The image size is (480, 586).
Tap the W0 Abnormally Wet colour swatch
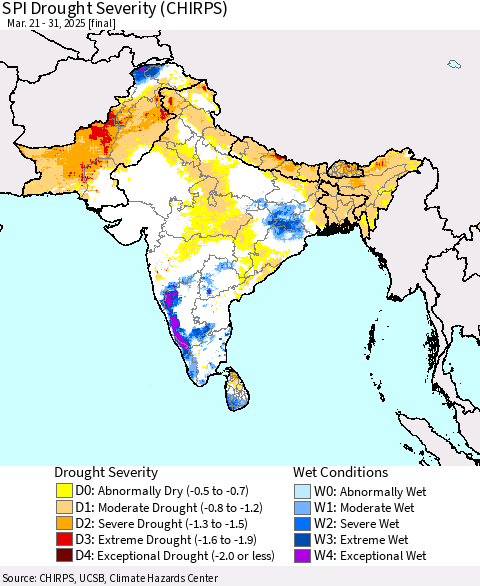[x=304, y=491]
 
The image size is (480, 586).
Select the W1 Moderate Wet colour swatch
[x=304, y=507]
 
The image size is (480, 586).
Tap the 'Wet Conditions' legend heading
[x=342, y=472]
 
